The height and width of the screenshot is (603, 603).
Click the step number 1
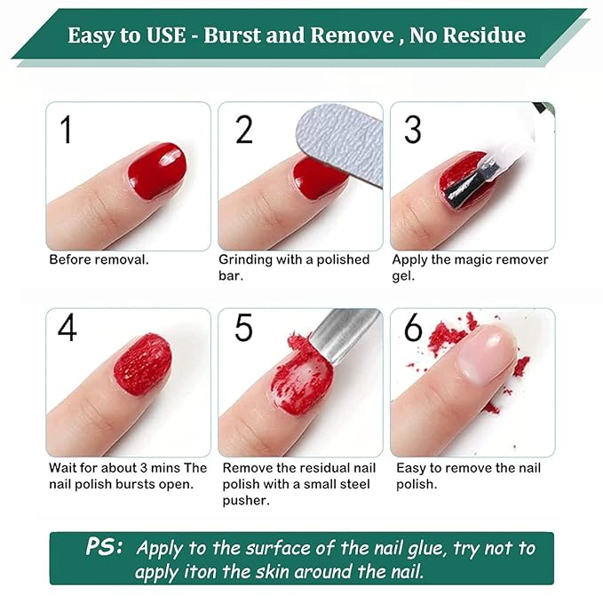(x=65, y=129)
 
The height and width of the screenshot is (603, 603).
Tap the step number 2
(x=243, y=129)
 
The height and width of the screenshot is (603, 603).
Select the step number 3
(x=412, y=129)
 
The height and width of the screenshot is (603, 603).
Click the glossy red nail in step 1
(x=156, y=170)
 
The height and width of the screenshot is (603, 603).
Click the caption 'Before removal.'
(x=99, y=260)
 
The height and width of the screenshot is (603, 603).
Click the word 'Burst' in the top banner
(x=234, y=36)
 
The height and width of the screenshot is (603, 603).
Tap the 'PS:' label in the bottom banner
(x=105, y=547)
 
